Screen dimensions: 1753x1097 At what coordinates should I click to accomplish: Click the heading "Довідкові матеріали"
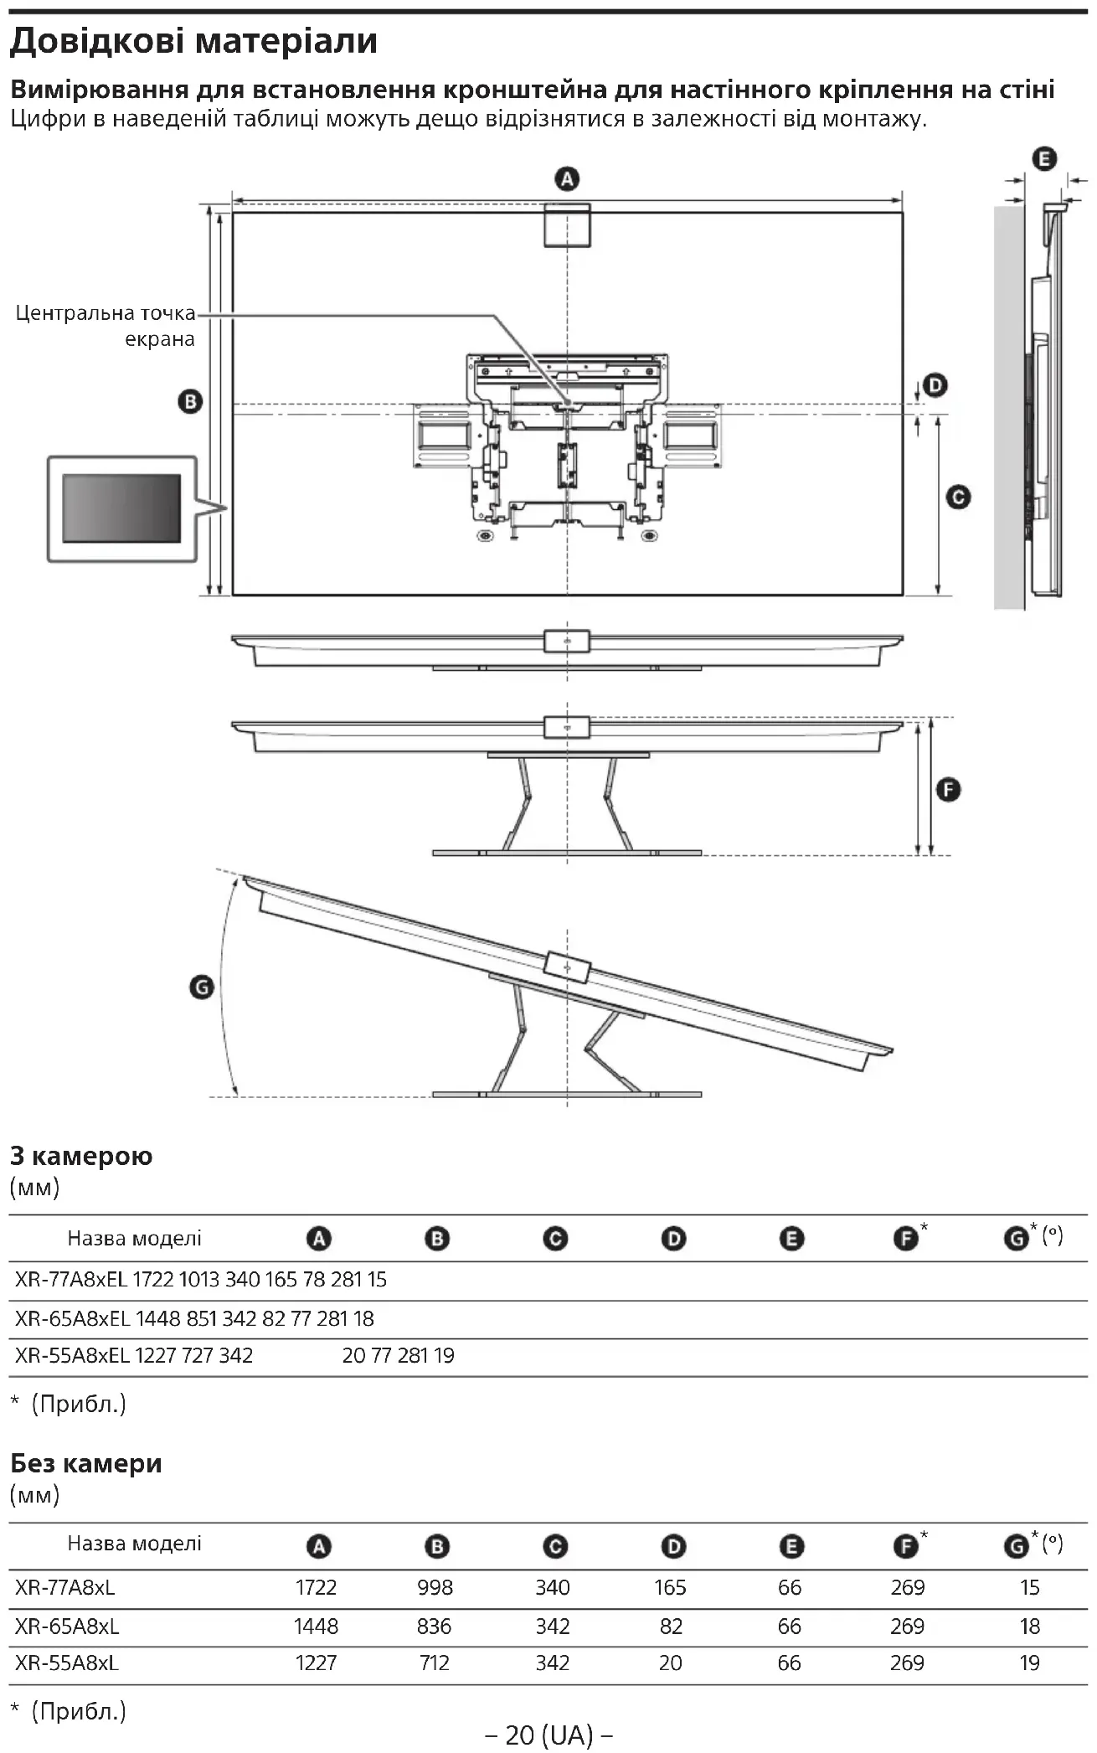point(194,40)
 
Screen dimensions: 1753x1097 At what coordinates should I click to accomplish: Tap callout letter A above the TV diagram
point(567,179)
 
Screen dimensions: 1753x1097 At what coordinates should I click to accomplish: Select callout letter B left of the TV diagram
point(190,402)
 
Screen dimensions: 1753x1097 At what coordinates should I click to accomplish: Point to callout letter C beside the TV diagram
point(957,498)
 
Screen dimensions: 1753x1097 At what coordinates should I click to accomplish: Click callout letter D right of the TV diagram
point(935,385)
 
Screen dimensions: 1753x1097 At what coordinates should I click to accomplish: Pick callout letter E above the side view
point(1043,159)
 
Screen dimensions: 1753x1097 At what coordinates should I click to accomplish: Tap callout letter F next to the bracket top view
point(948,790)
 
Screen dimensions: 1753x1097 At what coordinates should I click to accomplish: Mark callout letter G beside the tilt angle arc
point(202,988)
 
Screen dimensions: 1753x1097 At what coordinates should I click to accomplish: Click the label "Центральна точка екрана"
point(106,326)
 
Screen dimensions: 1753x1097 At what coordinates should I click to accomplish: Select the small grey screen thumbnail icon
point(121,508)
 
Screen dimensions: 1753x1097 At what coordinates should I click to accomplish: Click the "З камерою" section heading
point(81,1156)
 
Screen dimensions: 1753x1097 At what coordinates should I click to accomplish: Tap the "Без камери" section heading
point(86,1463)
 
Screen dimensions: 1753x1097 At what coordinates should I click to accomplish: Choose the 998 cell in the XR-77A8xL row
point(435,1587)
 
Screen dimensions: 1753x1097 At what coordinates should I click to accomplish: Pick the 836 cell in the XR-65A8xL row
point(434,1626)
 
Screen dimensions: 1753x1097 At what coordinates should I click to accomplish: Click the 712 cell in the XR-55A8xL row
point(435,1663)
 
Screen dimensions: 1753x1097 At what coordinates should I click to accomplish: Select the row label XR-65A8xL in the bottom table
point(67,1626)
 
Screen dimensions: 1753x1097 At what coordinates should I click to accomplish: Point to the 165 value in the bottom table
point(670,1587)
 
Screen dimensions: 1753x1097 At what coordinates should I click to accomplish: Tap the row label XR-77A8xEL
point(72,1280)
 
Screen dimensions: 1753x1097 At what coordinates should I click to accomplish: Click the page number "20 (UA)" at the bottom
point(548,1735)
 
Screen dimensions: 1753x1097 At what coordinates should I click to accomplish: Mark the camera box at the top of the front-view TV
point(567,224)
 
